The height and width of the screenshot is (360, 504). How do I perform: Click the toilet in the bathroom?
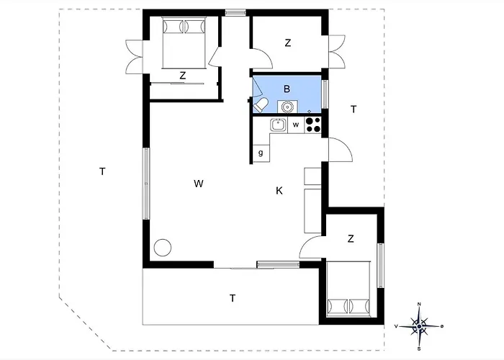pyautogui.click(x=261, y=105)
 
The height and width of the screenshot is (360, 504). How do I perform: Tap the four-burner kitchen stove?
pyautogui.click(x=312, y=125)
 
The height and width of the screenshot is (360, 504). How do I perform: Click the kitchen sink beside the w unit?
pyautogui.click(x=279, y=125)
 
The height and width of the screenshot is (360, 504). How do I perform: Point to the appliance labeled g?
pyautogui.click(x=261, y=153)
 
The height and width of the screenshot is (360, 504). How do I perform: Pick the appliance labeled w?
pyautogui.click(x=296, y=125)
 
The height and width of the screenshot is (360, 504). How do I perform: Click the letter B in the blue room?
pyautogui.click(x=287, y=89)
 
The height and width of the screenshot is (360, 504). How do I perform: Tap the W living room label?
pyautogui.click(x=199, y=184)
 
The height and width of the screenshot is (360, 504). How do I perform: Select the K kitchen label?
pyautogui.click(x=279, y=191)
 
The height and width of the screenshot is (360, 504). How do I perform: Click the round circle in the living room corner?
pyautogui.click(x=162, y=248)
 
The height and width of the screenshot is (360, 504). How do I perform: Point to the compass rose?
pyautogui.click(x=419, y=327)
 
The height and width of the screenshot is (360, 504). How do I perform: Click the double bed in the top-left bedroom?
pyautogui.click(x=184, y=42)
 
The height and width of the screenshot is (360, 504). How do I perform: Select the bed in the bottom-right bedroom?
pyautogui.click(x=348, y=289)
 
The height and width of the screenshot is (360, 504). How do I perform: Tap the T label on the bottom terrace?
pyautogui.click(x=233, y=298)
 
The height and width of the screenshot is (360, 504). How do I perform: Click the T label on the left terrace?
pyautogui.click(x=102, y=171)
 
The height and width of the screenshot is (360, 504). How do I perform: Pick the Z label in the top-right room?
pyautogui.click(x=288, y=42)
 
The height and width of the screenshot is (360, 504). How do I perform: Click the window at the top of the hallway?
pyautogui.click(x=235, y=12)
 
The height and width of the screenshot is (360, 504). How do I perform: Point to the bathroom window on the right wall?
pyautogui.click(x=325, y=94)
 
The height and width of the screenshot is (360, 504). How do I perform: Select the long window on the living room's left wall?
pyautogui.click(x=146, y=184)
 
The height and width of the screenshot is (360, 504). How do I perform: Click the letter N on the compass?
pyautogui.click(x=419, y=304)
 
